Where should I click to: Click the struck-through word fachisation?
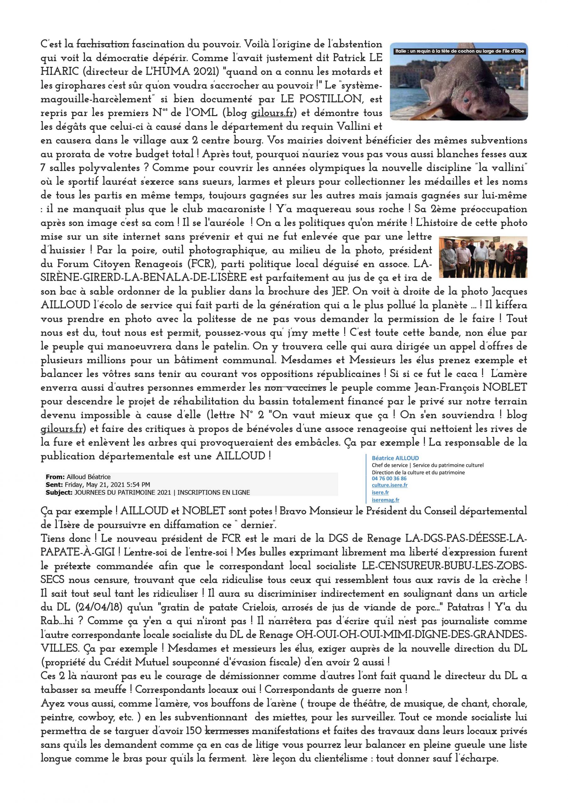coord(103,45)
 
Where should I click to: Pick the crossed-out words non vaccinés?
coord(295,388)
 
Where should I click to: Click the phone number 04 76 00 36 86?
coord(389,478)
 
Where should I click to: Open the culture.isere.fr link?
coord(389,485)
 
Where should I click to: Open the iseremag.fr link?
coord(385,500)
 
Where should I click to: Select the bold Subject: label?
coord(58,492)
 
